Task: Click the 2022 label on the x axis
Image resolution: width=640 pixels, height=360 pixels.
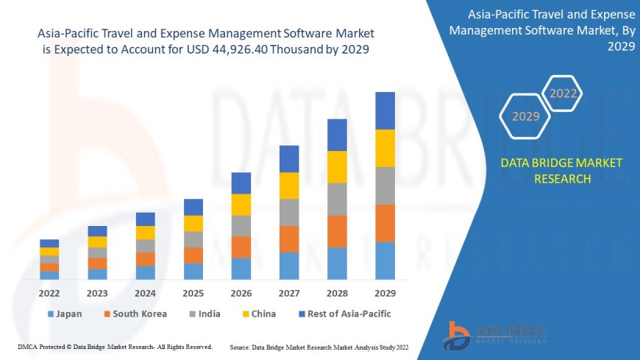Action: click(x=49, y=292)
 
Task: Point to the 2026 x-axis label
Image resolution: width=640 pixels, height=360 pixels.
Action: click(x=241, y=292)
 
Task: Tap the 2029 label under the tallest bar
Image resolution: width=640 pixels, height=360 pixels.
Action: click(x=385, y=292)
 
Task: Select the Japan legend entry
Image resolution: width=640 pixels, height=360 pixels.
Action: click(x=65, y=314)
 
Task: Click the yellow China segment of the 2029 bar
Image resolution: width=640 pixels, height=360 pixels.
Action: click(x=385, y=148)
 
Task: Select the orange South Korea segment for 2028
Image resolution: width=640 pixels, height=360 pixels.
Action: click(x=337, y=231)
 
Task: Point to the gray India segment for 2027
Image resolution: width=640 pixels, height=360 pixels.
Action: click(x=289, y=212)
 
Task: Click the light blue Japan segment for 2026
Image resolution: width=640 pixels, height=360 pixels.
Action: click(x=241, y=268)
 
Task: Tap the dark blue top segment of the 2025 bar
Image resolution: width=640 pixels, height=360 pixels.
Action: click(x=193, y=207)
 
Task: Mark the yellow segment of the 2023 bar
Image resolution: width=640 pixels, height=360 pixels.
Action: click(x=97, y=241)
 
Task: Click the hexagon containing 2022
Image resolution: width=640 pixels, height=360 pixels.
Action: click(x=563, y=93)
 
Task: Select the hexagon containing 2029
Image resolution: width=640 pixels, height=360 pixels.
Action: click(x=525, y=116)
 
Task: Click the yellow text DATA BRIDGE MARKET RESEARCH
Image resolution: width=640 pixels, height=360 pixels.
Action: click(x=561, y=171)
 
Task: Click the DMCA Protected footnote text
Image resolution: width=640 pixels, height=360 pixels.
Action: click(x=114, y=346)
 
